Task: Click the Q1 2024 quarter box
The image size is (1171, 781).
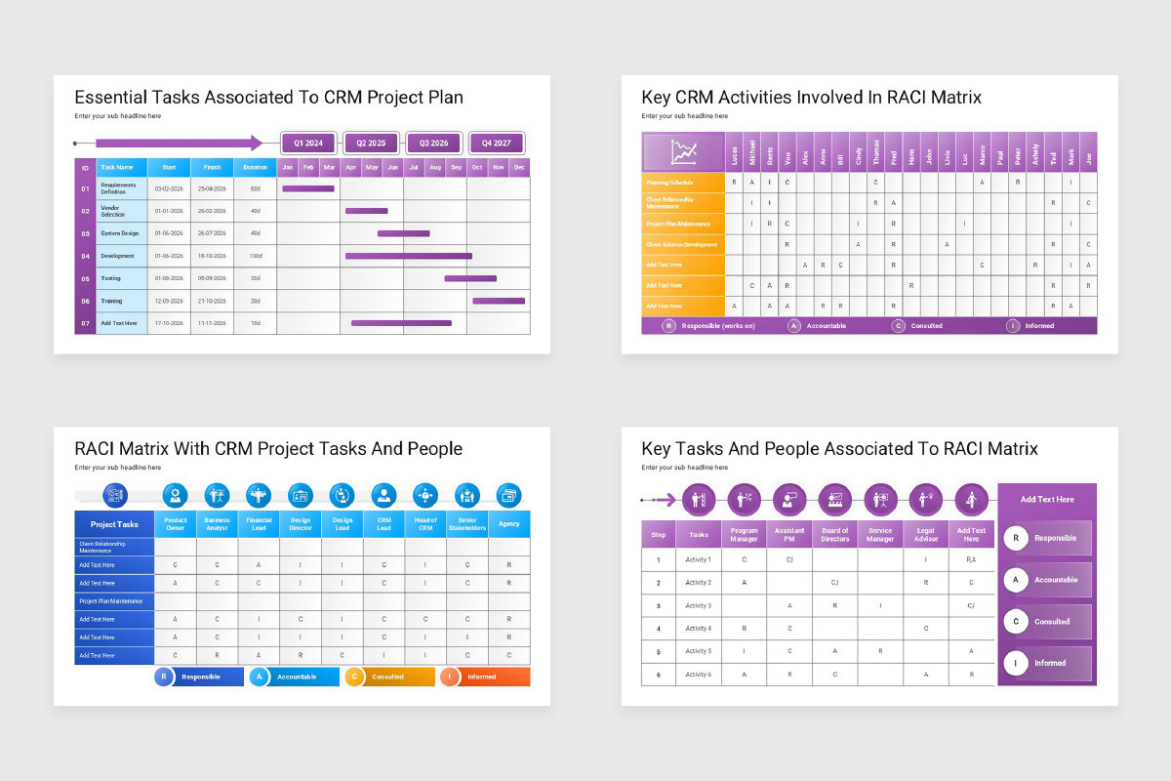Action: pos(307,143)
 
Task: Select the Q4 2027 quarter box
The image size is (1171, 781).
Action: pos(496,143)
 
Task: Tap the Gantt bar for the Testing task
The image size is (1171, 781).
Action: pos(470,278)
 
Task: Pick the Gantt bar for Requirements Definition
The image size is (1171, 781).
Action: pos(308,188)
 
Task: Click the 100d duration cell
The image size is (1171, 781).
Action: pos(256,256)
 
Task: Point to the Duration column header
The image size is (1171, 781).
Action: pos(256,167)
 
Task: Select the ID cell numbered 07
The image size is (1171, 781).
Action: pos(85,323)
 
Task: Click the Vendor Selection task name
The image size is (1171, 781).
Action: pos(113,211)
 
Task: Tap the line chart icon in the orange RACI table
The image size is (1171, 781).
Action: pos(684,152)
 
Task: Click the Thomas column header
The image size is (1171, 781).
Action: pos(876,153)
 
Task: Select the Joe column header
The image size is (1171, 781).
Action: pos(1088,153)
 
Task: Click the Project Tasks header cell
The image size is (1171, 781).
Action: pos(114,524)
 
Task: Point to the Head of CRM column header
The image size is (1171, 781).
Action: pos(425,524)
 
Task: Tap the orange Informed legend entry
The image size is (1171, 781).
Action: pos(484,677)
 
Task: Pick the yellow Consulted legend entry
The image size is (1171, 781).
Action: pos(389,677)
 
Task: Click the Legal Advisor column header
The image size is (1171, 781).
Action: pos(925,535)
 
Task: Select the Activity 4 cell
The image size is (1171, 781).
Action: pos(698,629)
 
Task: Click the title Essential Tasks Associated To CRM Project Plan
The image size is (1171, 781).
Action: pos(269,98)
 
